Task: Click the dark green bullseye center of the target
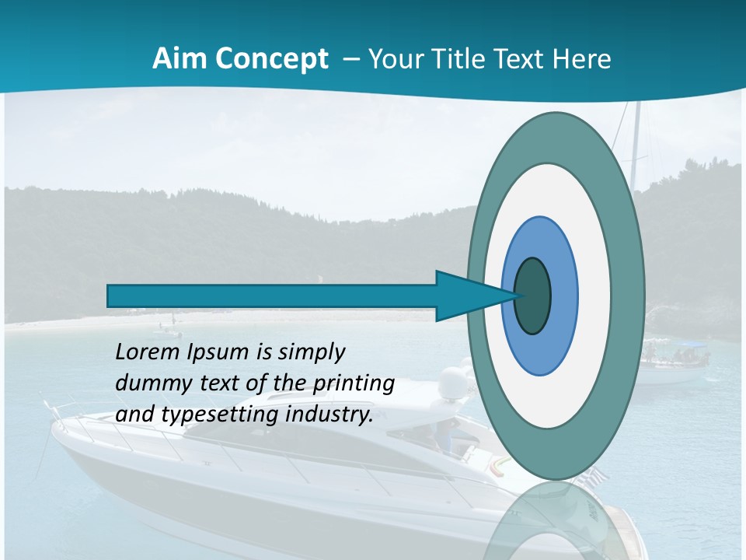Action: [533, 296]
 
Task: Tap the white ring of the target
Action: [594, 296]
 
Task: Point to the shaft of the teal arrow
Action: [272, 296]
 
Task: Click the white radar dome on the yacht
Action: [452, 383]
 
